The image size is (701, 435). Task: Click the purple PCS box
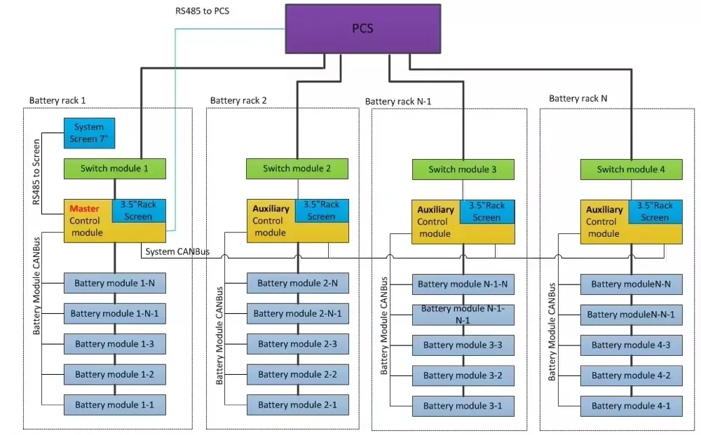click(x=362, y=29)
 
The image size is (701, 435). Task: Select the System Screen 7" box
click(x=89, y=132)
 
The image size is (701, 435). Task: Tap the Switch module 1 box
click(x=115, y=168)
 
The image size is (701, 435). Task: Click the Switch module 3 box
click(x=462, y=170)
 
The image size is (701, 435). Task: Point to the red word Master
click(x=83, y=209)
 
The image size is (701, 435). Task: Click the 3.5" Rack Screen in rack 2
click(x=321, y=211)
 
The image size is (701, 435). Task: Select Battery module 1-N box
click(x=115, y=283)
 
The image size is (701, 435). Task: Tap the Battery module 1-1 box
click(x=115, y=404)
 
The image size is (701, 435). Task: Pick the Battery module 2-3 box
click(x=297, y=344)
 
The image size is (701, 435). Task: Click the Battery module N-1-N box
click(x=462, y=284)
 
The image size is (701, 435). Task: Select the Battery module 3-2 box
click(x=462, y=375)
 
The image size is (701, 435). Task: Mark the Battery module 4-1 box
click(x=630, y=406)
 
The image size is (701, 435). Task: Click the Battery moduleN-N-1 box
click(x=630, y=315)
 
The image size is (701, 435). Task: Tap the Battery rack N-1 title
click(x=397, y=102)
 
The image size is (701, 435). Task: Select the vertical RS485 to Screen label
click(x=36, y=172)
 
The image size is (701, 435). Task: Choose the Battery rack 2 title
click(x=238, y=100)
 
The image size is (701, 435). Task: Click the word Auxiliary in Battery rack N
click(x=604, y=209)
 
